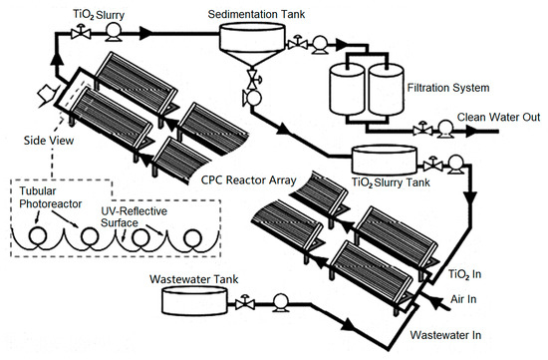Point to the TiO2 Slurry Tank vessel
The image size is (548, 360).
[x=384, y=162]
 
